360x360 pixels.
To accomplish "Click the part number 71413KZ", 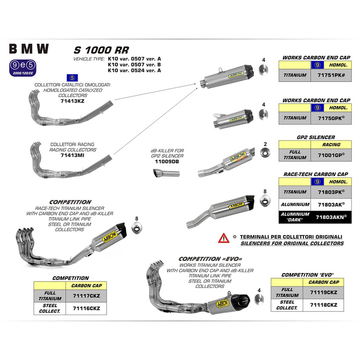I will point(72,101).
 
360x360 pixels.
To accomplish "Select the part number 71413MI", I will point(72,155).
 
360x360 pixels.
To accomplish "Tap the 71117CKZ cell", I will point(83,296).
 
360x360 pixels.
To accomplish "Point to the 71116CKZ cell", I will point(83,308).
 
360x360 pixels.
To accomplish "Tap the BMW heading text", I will point(29,48).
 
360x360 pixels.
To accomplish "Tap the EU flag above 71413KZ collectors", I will point(70,77).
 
